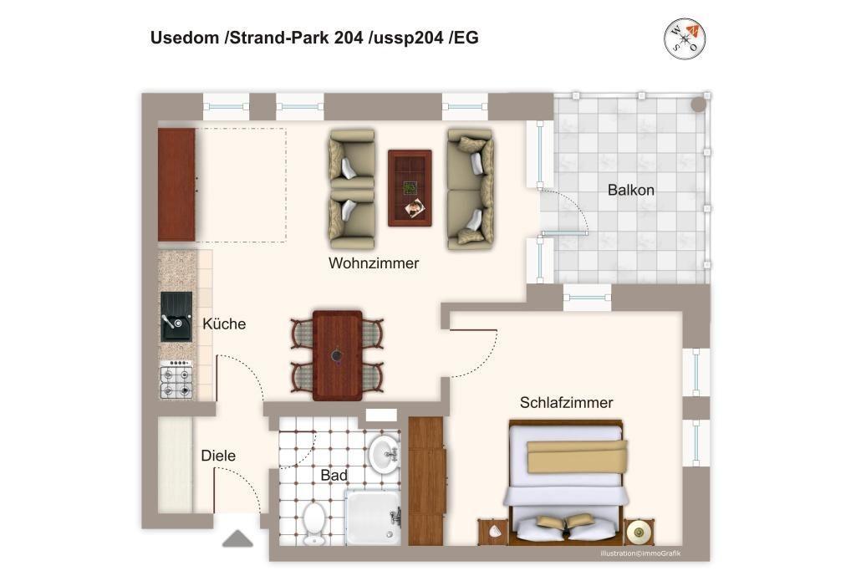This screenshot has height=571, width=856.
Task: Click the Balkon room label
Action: tap(630, 190)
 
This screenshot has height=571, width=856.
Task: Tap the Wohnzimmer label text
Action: tap(374, 263)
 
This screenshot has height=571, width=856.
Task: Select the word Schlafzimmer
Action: tap(566, 402)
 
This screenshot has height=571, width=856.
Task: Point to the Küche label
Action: tap(224, 324)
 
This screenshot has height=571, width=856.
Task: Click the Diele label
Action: tap(218, 456)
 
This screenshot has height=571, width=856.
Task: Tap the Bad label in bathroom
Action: tap(334, 476)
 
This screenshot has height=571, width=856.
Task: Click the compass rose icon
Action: tap(685, 38)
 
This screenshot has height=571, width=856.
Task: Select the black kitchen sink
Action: tap(176, 317)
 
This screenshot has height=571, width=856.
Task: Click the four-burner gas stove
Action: tap(176, 379)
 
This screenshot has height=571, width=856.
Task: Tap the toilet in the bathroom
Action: tap(314, 523)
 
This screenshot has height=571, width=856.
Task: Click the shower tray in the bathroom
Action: tap(374, 517)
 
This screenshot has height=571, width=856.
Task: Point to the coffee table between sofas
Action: tap(410, 188)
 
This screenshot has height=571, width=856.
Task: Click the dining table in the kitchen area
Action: tap(338, 354)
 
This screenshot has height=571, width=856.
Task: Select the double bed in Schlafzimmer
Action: tap(566, 482)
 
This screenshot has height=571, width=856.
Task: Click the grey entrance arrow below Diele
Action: tap(237, 538)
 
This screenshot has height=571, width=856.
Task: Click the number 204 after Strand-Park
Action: tap(349, 38)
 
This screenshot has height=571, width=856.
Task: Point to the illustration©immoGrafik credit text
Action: tap(640, 553)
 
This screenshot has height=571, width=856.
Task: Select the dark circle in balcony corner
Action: tap(698, 105)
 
